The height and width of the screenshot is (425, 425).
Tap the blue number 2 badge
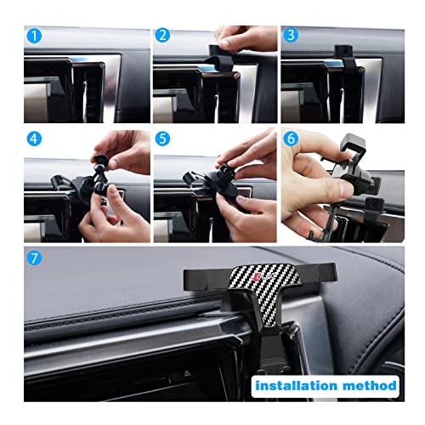[161, 36]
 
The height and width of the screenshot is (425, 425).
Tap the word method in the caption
[369, 385]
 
